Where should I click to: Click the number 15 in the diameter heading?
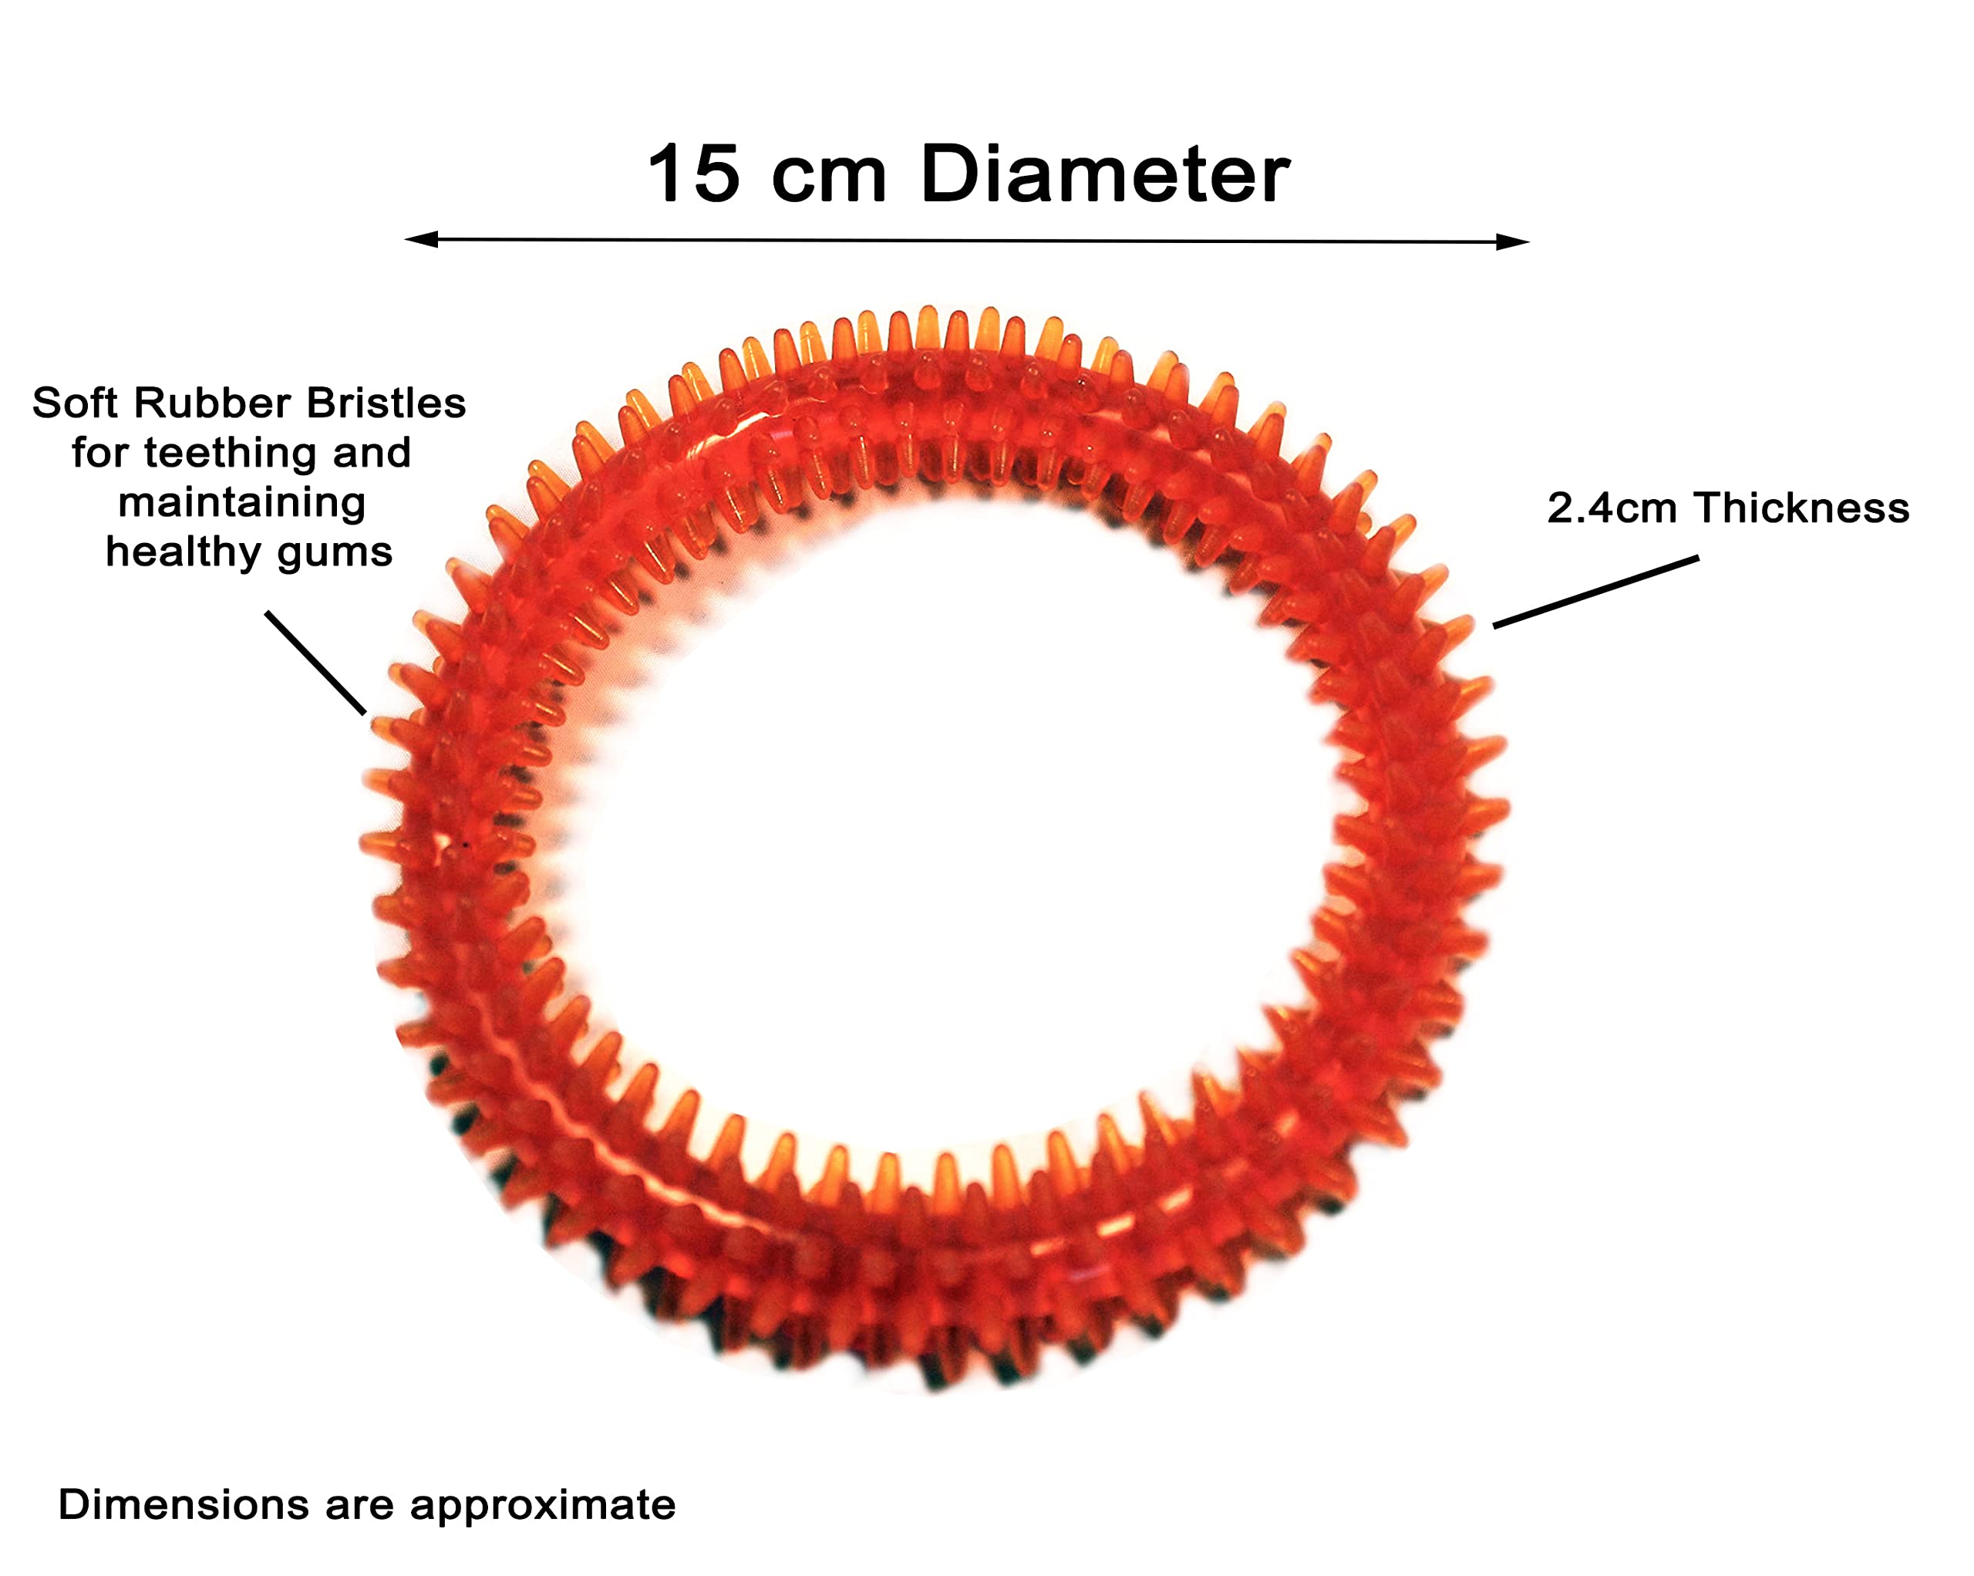pyautogui.click(x=693, y=174)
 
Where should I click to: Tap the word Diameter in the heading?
pyautogui.click(x=1105, y=174)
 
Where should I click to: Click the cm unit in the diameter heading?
pyautogui.click(x=830, y=181)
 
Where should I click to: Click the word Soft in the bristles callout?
pyautogui.click(x=76, y=403)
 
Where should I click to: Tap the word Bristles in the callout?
pyautogui.click(x=386, y=403)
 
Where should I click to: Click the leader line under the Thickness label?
pyautogui.click(x=1596, y=592)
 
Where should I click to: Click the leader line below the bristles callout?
pyautogui.click(x=316, y=663)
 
